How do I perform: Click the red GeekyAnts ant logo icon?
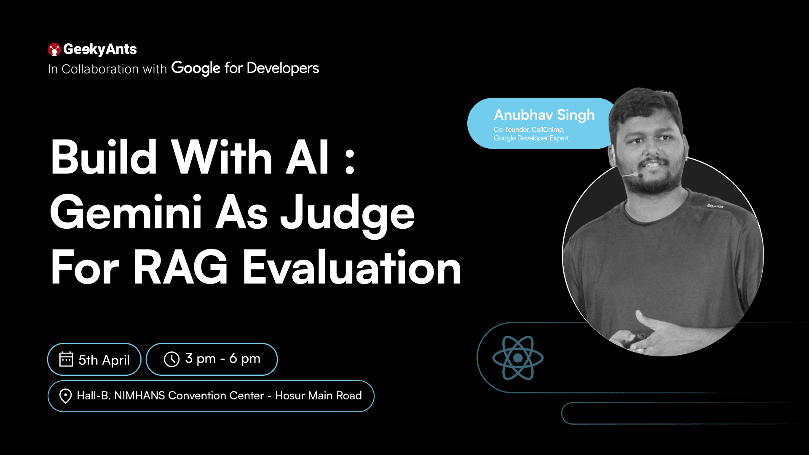[x=54, y=49]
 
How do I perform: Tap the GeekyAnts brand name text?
[x=100, y=49]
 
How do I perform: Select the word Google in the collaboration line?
[x=196, y=68]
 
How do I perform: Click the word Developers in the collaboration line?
[x=283, y=68]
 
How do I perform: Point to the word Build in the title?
[x=104, y=157]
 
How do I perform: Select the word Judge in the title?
[x=348, y=215]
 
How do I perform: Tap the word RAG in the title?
[x=181, y=267]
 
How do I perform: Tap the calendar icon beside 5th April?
[x=66, y=359]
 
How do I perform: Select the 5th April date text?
[x=104, y=360]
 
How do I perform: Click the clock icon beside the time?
[x=171, y=359]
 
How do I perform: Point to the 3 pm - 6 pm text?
[x=222, y=359]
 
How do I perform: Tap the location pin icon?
[x=65, y=396]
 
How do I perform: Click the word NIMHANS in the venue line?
[x=139, y=396]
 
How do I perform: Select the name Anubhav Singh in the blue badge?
[x=544, y=115]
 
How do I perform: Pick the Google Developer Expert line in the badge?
[x=531, y=138]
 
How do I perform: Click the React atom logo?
[x=518, y=358]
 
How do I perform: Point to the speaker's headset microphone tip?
[x=636, y=174]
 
